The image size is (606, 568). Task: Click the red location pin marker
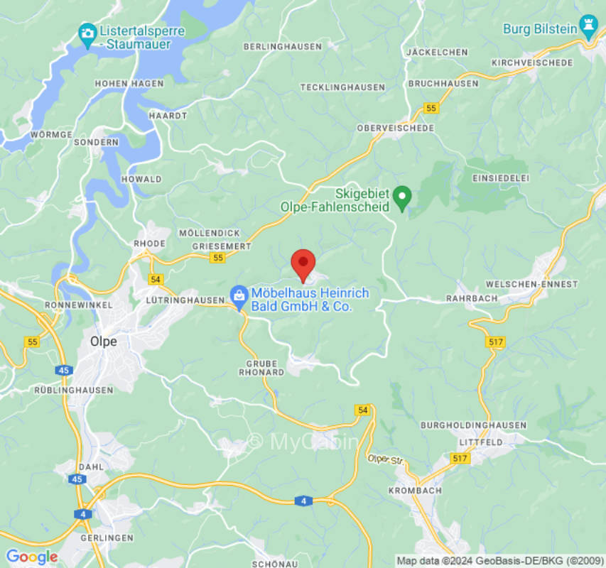(x=303, y=264)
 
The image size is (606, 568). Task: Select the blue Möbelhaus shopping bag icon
(x=239, y=293)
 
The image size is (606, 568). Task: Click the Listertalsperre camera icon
(x=87, y=33)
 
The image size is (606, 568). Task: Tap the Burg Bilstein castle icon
(x=588, y=26)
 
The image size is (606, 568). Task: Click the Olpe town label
(x=103, y=341)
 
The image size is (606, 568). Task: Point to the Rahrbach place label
(x=472, y=298)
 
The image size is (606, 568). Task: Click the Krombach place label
(x=416, y=491)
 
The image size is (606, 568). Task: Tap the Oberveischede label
(x=396, y=128)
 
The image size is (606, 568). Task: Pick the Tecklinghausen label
(x=342, y=87)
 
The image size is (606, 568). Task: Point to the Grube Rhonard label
(x=261, y=366)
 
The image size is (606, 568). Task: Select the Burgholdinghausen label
(x=474, y=425)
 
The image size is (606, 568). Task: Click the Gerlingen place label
(x=107, y=538)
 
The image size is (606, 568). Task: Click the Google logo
(x=31, y=557)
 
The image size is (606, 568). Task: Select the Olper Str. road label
(x=385, y=460)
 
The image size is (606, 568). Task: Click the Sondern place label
(x=96, y=142)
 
